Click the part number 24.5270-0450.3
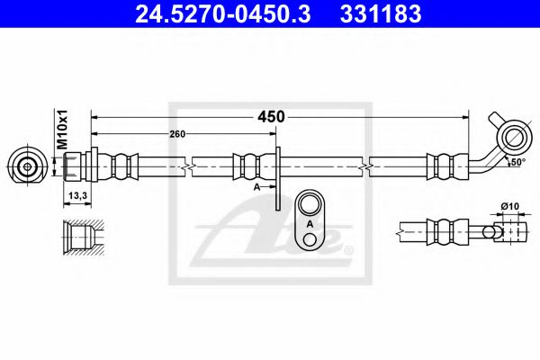215,15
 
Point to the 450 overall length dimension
271,117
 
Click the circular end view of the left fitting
30,166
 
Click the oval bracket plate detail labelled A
310,220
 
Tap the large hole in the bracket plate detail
310,204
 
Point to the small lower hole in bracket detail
310,238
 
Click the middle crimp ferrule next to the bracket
248,166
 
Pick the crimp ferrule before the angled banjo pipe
442,166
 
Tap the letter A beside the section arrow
257,187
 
